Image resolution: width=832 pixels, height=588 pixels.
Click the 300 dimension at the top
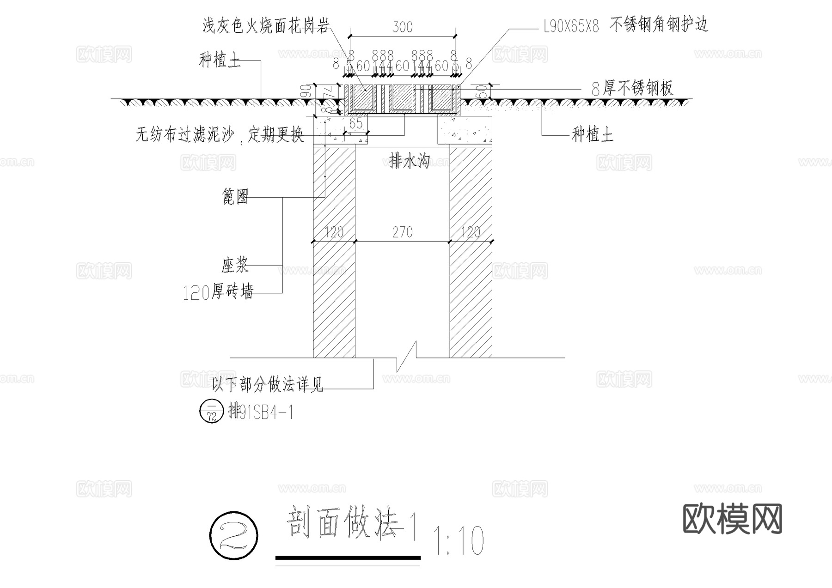[402, 27]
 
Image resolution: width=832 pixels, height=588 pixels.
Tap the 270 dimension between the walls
[402, 232]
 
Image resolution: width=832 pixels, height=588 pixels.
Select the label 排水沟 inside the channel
[410, 161]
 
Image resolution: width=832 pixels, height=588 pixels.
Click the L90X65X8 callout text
[571, 27]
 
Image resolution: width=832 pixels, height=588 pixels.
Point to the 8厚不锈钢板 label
[632, 88]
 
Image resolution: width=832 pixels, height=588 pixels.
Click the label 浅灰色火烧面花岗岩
[266, 26]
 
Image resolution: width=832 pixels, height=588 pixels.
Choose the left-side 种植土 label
[220, 60]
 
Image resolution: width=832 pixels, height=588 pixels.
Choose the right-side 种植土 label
[593, 135]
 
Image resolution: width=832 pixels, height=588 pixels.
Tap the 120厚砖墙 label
[218, 292]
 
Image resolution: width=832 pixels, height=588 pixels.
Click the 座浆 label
[235, 266]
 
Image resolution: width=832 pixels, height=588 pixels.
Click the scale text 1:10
[458, 540]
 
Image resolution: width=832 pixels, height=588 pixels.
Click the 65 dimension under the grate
[355, 123]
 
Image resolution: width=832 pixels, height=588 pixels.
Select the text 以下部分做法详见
[267, 384]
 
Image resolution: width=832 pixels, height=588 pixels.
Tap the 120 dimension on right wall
[471, 232]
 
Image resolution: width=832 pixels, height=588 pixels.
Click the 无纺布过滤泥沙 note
[220, 135]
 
